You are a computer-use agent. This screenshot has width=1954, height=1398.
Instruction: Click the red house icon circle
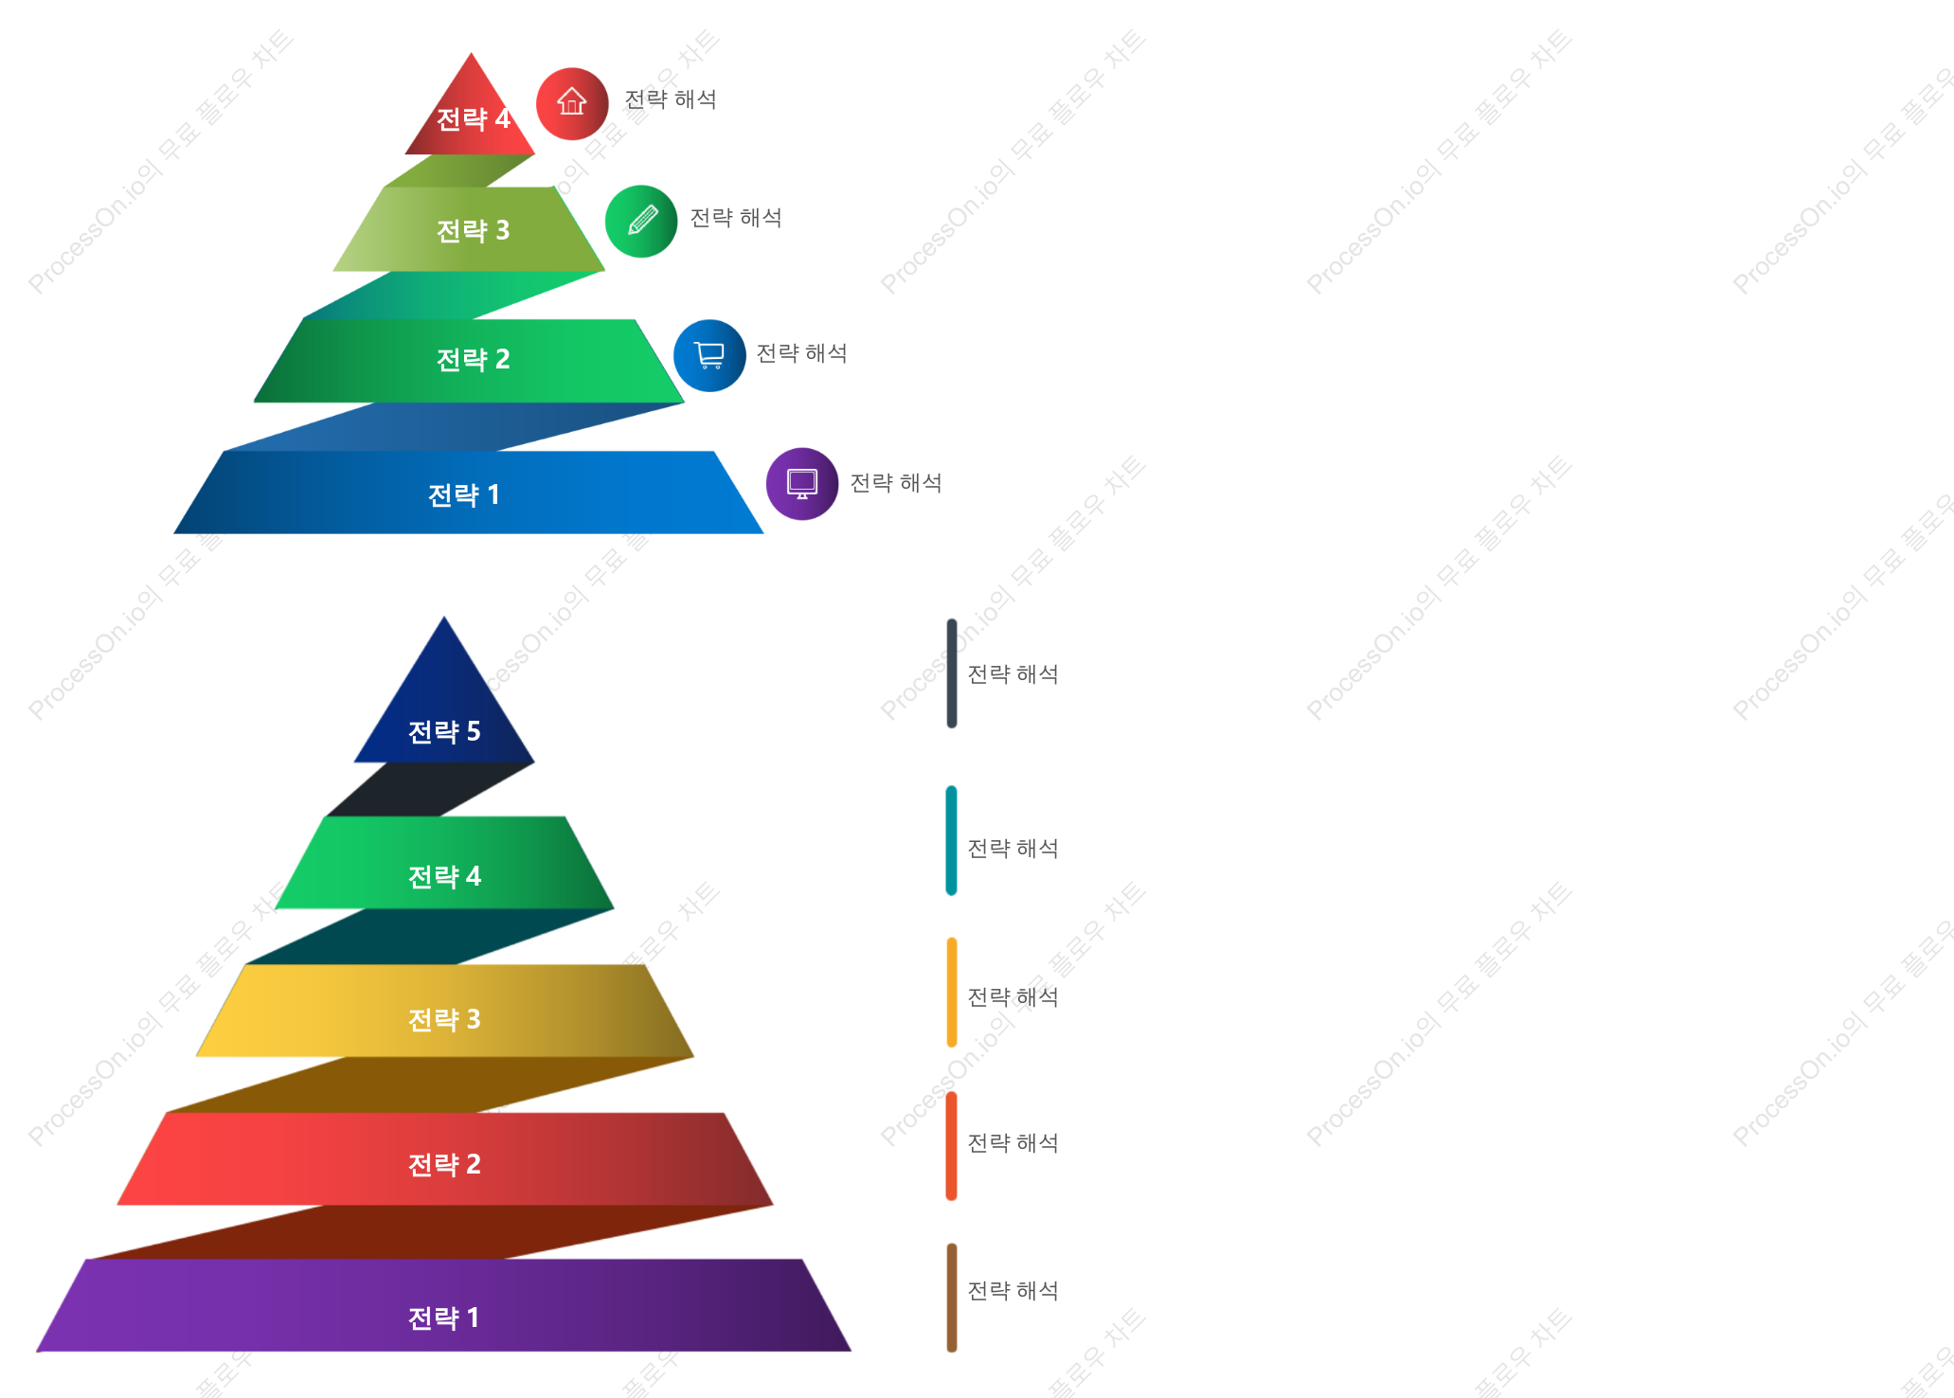point(572,103)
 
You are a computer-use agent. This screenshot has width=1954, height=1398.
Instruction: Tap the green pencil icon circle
point(641,221)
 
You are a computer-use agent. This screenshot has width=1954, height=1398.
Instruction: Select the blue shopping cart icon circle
point(709,355)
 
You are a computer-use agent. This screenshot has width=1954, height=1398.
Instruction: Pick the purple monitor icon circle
point(802,483)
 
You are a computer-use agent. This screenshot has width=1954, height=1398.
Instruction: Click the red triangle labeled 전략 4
point(471,114)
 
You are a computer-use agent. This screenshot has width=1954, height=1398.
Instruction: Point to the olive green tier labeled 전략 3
point(469,229)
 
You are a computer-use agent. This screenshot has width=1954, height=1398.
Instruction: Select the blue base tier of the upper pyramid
point(469,493)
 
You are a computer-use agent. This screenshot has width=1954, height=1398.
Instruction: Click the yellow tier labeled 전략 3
point(445,1011)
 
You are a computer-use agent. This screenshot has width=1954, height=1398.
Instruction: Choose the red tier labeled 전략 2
point(445,1158)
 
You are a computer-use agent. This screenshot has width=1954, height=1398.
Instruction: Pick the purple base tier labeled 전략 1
point(444,1305)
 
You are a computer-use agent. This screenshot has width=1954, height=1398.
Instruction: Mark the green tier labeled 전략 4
point(444,863)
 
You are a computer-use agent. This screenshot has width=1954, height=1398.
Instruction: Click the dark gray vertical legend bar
point(952,673)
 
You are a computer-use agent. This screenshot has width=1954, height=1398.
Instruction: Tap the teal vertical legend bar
point(952,840)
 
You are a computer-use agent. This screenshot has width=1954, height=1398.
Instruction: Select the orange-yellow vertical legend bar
point(952,993)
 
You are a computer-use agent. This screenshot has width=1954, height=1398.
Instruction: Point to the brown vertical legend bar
point(952,1298)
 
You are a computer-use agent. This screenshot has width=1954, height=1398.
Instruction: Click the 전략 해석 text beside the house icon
point(671,99)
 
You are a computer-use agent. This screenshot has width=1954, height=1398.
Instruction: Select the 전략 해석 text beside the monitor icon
point(896,483)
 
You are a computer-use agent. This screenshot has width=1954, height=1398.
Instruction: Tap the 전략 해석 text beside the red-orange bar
point(1013,1143)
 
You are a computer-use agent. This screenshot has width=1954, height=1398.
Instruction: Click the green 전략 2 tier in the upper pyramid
point(469,361)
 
